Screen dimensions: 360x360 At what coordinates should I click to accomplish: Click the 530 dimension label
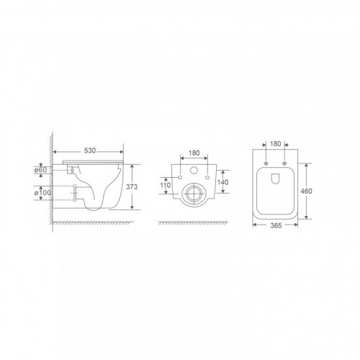point(90,150)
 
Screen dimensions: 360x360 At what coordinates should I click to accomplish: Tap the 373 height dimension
point(132,186)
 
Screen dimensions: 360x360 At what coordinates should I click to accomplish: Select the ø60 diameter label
point(40,170)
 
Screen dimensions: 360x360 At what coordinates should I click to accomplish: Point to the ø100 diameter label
point(42,193)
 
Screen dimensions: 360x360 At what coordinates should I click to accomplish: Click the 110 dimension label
point(165,185)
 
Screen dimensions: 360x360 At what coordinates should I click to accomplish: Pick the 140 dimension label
point(223,182)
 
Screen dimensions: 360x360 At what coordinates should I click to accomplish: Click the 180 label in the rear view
point(194,153)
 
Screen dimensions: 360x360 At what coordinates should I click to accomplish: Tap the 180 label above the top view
point(275,144)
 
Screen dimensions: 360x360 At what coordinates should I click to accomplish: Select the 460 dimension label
point(307,192)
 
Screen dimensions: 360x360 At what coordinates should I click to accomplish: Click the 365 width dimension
point(276,225)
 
